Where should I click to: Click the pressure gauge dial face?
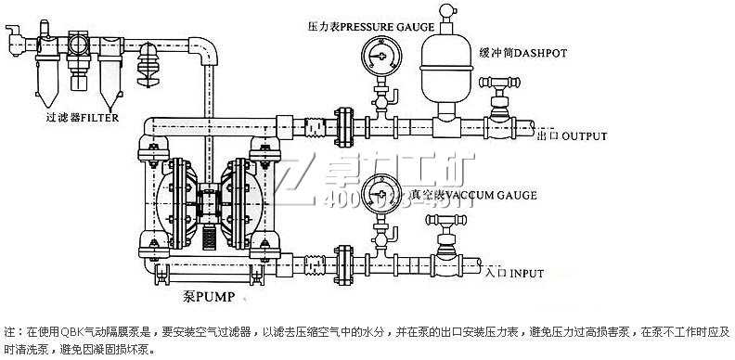(x=379, y=55)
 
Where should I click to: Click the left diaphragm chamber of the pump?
(x=164, y=200)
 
